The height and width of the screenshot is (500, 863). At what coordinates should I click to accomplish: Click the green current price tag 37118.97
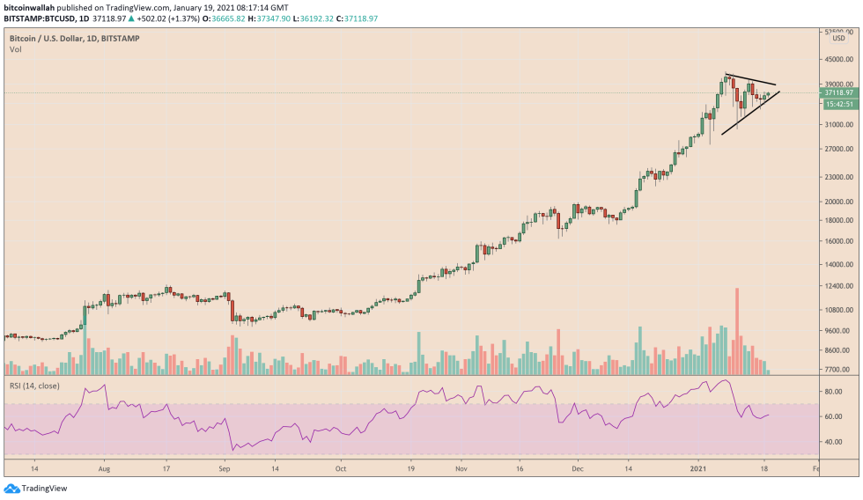pos(837,92)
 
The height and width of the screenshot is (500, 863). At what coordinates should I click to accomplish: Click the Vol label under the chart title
pos(15,49)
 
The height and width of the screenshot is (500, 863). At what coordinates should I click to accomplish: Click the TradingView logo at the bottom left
pos(37,489)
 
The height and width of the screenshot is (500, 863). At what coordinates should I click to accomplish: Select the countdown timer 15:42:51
pos(837,104)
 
